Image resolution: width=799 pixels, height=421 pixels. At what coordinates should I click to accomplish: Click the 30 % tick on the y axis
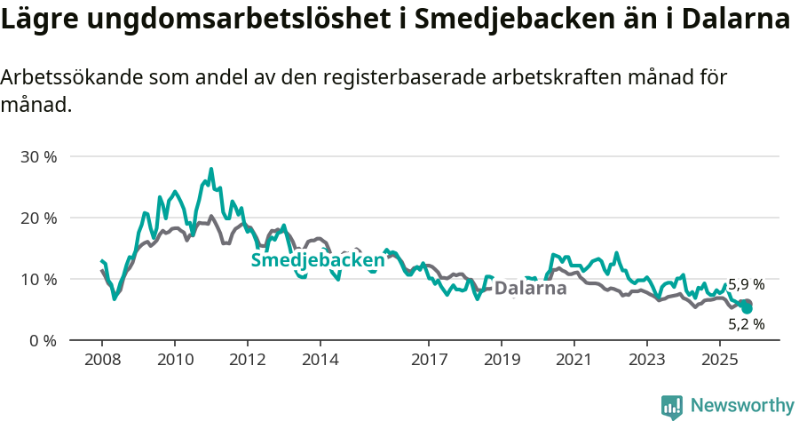point(38,156)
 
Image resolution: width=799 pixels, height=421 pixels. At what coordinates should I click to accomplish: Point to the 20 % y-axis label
point(38,218)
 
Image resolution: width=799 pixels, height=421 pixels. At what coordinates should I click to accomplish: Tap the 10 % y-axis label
point(38,279)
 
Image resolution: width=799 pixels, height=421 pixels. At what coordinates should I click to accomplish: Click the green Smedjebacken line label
point(318,259)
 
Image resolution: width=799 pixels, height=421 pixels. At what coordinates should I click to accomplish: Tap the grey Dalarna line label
point(530,288)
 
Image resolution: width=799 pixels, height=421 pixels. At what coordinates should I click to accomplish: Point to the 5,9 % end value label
point(746,285)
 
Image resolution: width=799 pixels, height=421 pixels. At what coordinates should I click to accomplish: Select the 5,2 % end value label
point(746,324)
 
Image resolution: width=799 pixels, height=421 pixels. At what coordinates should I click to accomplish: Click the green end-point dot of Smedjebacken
point(747,308)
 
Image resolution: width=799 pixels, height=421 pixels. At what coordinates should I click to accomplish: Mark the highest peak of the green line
point(211,169)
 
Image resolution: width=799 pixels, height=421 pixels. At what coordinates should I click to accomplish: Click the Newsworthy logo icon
point(672,406)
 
